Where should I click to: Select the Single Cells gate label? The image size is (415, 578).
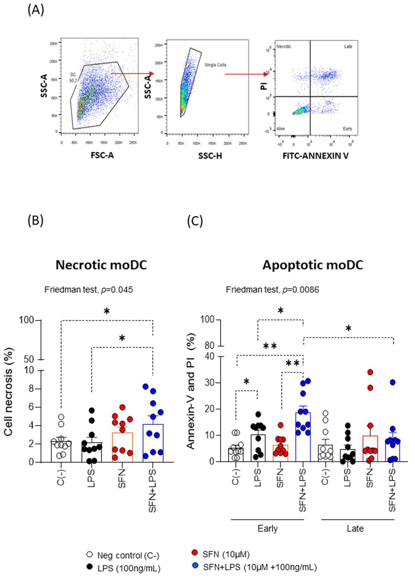click(215, 65)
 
